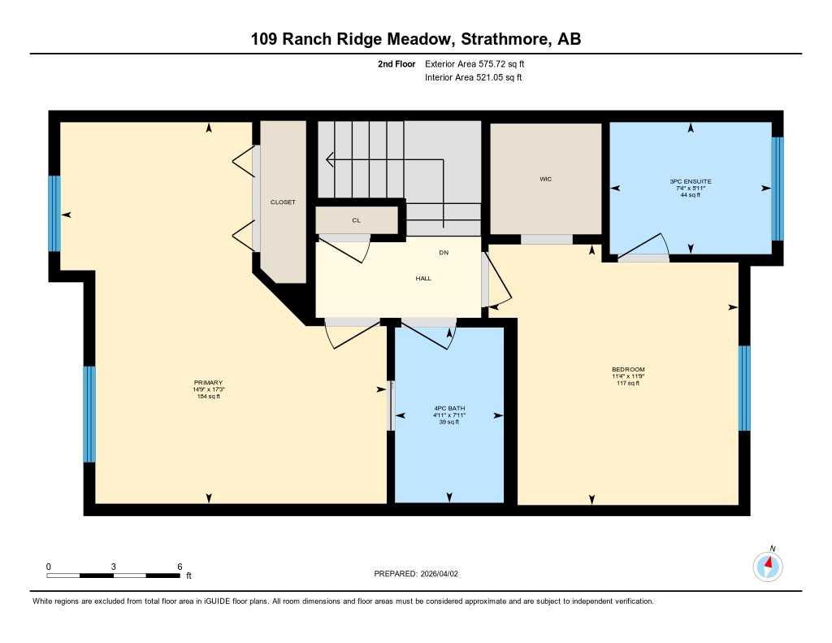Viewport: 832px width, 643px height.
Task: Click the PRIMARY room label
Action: (208, 383)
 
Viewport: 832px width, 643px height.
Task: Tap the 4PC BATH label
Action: (449, 408)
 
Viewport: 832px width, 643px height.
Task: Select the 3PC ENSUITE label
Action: (691, 181)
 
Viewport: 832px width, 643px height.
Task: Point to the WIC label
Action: (546, 179)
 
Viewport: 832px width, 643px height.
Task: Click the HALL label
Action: (423, 278)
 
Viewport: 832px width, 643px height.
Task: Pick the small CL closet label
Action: (356, 220)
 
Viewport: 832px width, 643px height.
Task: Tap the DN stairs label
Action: (444, 253)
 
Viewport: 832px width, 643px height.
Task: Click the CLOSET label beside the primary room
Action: (284, 202)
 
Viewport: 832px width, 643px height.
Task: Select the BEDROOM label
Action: (628, 370)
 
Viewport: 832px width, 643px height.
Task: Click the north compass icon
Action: (768, 565)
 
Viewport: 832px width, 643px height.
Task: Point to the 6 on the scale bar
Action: (180, 567)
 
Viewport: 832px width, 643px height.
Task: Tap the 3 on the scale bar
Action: (114, 567)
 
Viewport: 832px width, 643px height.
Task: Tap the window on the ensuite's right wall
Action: (778, 189)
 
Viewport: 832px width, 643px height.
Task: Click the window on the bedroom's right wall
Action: (744, 388)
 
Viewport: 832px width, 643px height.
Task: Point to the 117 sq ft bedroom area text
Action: (628, 383)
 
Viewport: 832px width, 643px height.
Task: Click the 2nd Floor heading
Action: (396, 63)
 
